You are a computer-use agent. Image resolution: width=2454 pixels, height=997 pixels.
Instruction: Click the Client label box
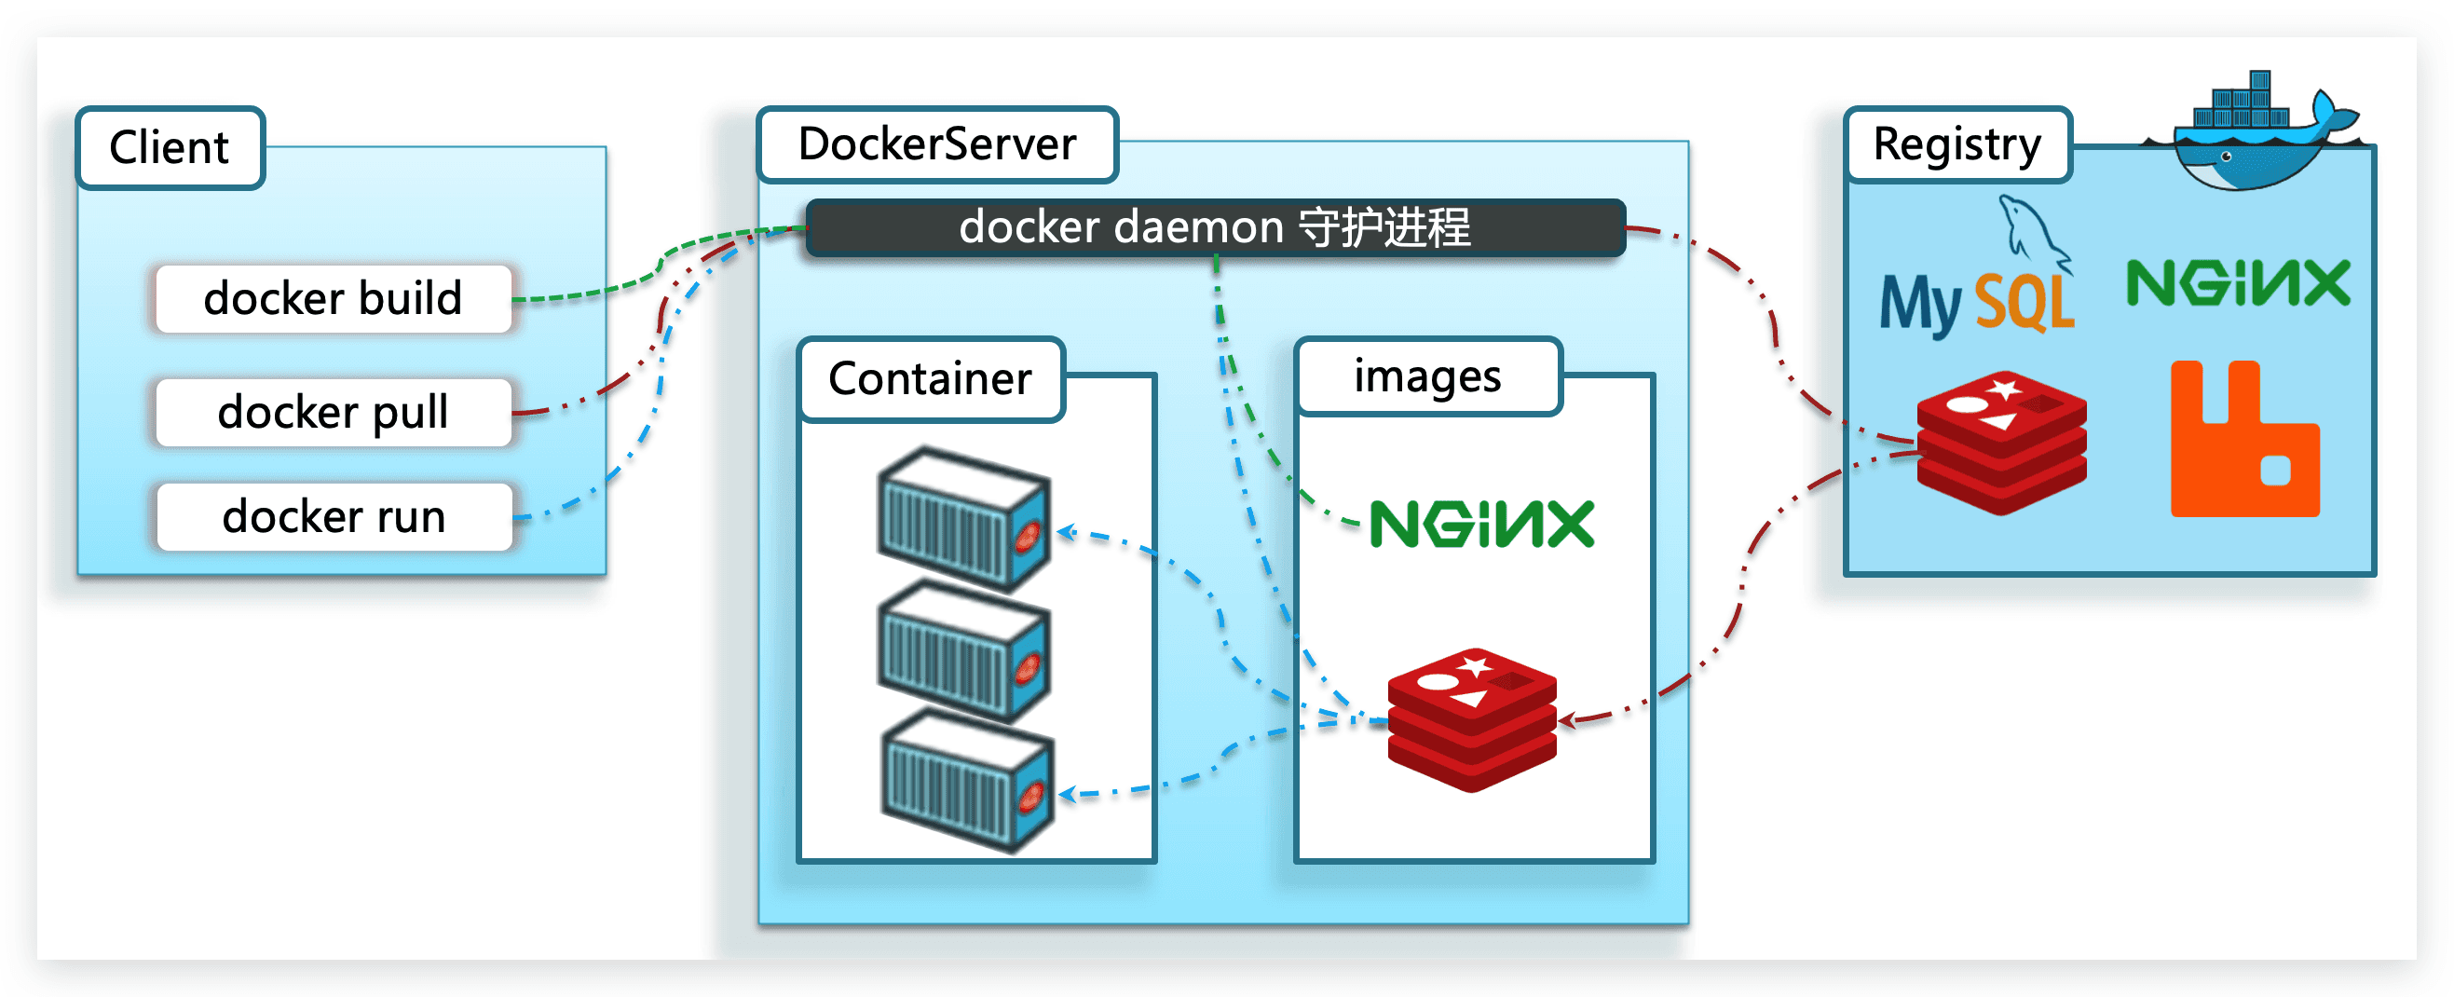170,148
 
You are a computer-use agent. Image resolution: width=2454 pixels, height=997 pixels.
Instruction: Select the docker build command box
334,298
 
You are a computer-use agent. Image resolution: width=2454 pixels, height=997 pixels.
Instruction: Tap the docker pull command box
334,412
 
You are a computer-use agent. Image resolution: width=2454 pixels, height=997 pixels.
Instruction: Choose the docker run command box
334,516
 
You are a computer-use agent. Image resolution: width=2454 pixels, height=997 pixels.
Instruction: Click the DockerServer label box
937,143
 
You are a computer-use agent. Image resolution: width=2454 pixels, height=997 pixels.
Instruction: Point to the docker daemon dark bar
1215,227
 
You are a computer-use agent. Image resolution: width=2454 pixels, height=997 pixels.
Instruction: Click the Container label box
931,378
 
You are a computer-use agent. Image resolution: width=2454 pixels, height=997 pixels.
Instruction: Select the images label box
1427,376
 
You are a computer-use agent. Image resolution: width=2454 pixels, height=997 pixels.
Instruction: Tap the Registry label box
1956,144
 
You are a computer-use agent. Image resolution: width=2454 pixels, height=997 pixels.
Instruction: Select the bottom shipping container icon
966,782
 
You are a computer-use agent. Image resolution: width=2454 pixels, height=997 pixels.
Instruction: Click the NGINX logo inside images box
1481,524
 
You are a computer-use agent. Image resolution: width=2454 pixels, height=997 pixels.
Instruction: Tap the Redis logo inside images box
1472,719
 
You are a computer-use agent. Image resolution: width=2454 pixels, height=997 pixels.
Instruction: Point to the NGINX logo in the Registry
2238,283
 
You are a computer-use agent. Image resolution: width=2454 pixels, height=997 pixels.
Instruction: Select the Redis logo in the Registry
2001,443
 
